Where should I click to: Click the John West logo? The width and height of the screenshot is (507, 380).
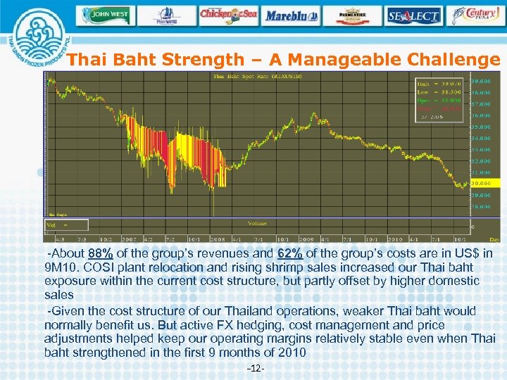[x=106, y=15]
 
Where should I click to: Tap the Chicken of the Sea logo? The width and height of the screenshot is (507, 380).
[x=228, y=14]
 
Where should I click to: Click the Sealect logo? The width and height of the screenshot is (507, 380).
[x=413, y=15]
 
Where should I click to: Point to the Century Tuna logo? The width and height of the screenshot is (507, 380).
[x=475, y=15]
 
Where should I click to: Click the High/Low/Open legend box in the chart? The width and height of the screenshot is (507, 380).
[x=439, y=99]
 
